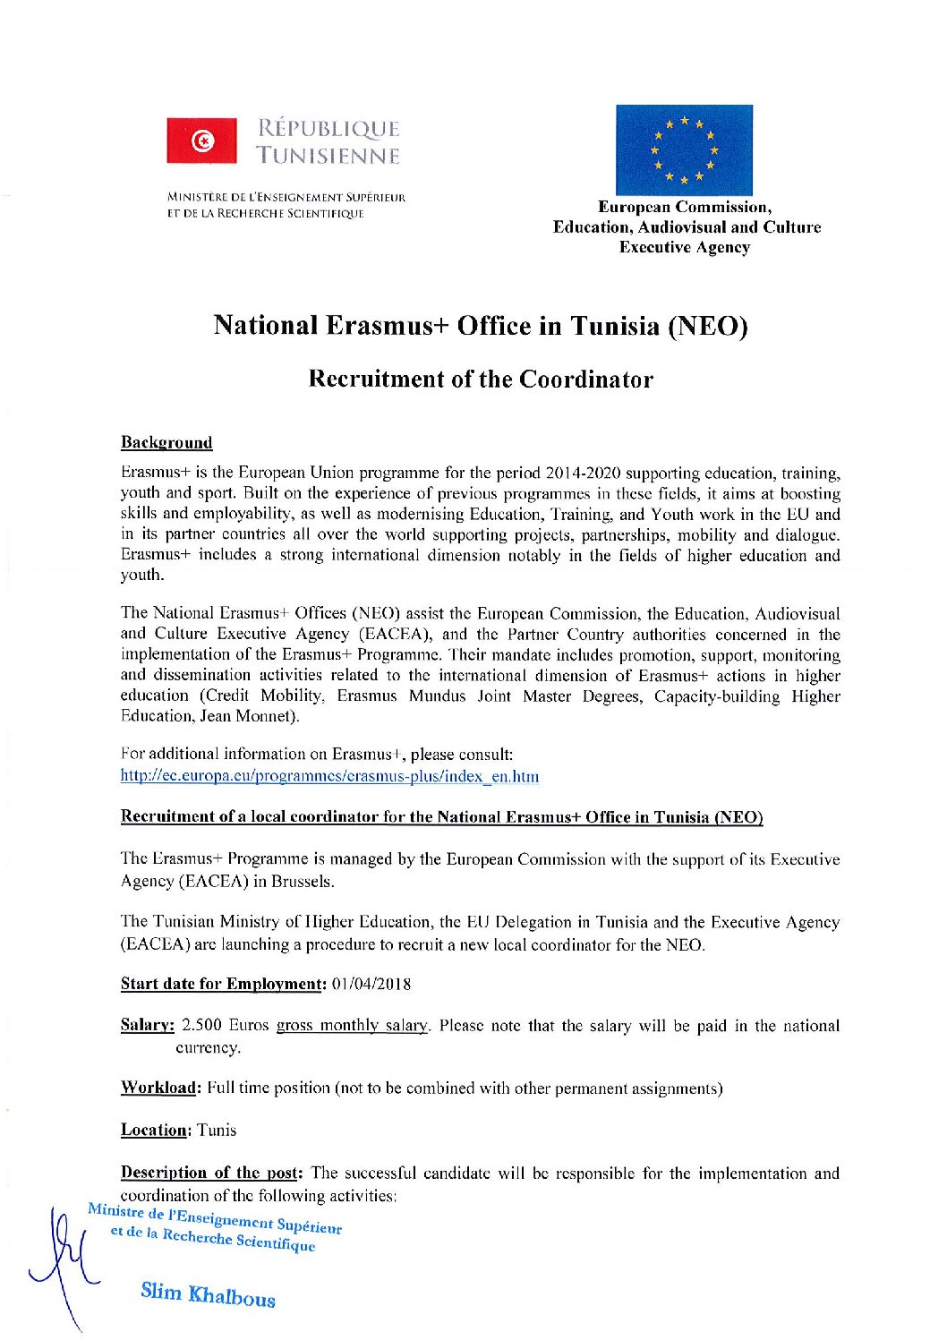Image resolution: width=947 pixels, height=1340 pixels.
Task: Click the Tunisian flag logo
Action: tap(202, 141)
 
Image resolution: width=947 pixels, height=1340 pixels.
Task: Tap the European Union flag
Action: tap(683, 149)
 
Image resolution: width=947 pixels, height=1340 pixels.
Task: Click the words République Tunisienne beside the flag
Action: tap(328, 142)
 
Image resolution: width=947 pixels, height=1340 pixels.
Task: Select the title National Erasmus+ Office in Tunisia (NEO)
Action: tap(481, 325)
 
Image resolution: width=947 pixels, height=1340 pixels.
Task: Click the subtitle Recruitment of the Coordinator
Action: tap(481, 379)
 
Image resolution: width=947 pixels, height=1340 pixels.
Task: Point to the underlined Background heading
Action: tap(166, 443)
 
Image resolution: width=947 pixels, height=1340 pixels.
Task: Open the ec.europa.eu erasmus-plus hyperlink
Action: tap(329, 776)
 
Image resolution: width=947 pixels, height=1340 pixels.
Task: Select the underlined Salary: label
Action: tap(147, 1026)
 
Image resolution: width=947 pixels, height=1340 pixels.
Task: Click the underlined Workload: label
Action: tap(158, 1088)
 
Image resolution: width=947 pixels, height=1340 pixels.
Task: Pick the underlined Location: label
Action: tap(154, 1131)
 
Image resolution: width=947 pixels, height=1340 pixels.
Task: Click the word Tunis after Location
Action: tap(217, 1131)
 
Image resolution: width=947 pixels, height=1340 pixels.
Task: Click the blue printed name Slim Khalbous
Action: tap(208, 1294)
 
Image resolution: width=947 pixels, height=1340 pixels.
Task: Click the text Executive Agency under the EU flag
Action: tap(685, 248)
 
